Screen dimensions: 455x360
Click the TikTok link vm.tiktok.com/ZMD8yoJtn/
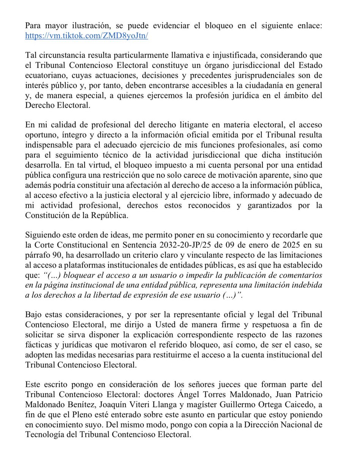click(86, 36)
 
